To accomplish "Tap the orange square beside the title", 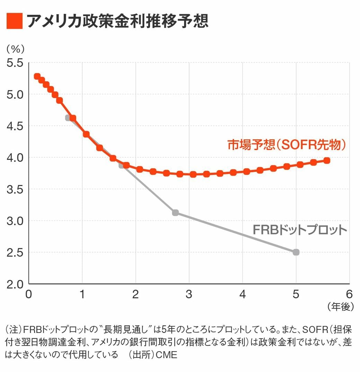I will click(x=15, y=21).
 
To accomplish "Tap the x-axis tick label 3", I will click(x=189, y=294).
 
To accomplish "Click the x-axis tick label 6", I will click(x=349, y=294).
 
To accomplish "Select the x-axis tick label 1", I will click(x=82, y=294).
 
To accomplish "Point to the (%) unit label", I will click(x=15, y=49).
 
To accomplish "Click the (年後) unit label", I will click(x=340, y=306).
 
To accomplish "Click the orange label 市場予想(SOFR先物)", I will click(x=287, y=145).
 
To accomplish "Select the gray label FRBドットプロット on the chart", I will click(x=300, y=230).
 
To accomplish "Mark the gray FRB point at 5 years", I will click(x=296, y=252).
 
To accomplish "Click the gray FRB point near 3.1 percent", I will click(x=175, y=213).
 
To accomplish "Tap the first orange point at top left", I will click(x=37, y=76).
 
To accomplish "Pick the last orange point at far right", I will click(x=326, y=160).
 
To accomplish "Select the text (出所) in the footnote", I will click(x=142, y=355).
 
